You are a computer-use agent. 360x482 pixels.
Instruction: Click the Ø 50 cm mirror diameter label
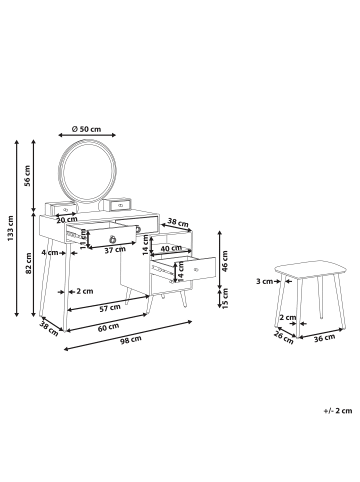(86, 129)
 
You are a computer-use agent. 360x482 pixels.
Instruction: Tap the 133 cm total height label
(11, 229)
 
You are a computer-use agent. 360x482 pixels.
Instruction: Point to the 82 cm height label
(29, 263)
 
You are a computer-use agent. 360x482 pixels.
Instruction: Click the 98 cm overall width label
(131, 339)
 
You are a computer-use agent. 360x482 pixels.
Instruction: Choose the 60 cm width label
(109, 327)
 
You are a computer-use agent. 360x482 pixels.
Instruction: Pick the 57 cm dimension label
(110, 308)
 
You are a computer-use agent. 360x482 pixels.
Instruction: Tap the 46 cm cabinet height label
(224, 261)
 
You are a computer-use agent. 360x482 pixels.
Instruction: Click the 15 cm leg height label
(224, 298)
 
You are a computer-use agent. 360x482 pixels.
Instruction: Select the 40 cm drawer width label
(171, 248)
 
